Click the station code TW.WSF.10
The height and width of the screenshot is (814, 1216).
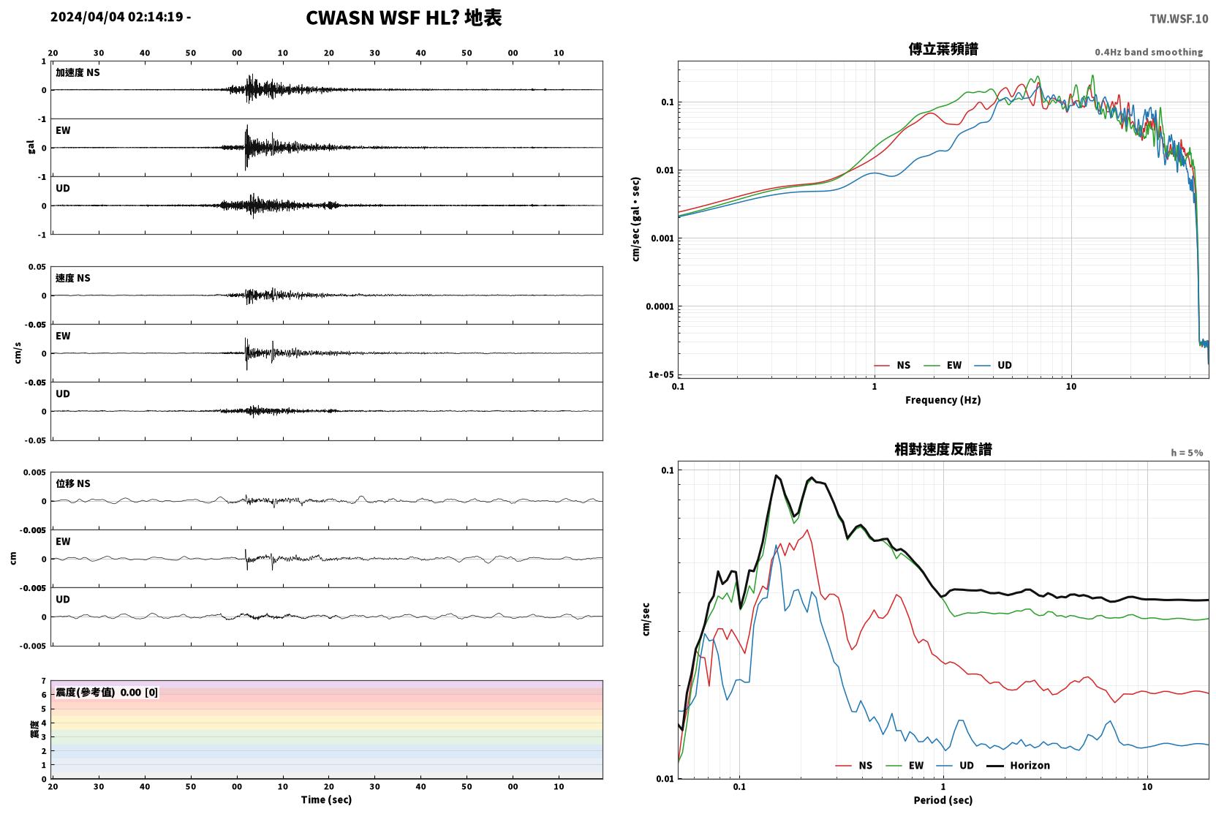(1179, 18)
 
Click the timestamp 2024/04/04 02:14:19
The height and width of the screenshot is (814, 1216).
(117, 17)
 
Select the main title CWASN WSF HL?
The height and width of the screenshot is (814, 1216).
(382, 18)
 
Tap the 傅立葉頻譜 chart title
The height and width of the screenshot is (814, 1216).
(943, 49)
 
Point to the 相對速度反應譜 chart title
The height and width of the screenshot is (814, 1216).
(943, 449)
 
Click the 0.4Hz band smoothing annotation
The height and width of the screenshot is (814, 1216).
(1149, 52)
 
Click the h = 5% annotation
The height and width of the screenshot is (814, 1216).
(1187, 453)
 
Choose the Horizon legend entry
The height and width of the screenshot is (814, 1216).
(1018, 765)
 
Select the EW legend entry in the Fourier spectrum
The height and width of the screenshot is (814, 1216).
(943, 365)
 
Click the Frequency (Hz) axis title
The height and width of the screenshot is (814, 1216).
(943, 400)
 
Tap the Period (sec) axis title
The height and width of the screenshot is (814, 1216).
(943, 800)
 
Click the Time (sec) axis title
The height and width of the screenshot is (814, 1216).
(326, 799)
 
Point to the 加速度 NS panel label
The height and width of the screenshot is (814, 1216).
(78, 72)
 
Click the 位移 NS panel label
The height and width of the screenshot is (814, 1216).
(72, 483)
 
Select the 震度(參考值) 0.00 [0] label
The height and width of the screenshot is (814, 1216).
(107, 693)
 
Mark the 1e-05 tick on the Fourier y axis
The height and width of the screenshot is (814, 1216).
(661, 374)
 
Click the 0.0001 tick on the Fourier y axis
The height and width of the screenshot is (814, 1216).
(660, 306)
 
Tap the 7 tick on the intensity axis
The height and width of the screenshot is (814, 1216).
(44, 681)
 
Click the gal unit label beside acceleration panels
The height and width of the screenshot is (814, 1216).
(31, 147)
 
